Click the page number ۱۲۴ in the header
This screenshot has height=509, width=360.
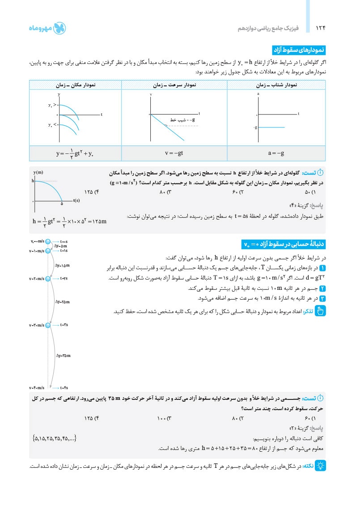320,28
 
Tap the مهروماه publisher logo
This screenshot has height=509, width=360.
47,28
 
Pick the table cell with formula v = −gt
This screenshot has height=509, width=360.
174,153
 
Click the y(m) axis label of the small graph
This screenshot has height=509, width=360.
38,172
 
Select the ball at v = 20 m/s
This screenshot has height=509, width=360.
48,279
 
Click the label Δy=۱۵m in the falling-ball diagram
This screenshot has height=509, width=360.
63,265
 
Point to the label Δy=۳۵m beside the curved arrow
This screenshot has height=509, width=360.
64,355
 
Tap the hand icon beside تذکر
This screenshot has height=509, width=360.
320,311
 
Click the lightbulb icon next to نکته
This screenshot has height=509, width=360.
320,466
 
